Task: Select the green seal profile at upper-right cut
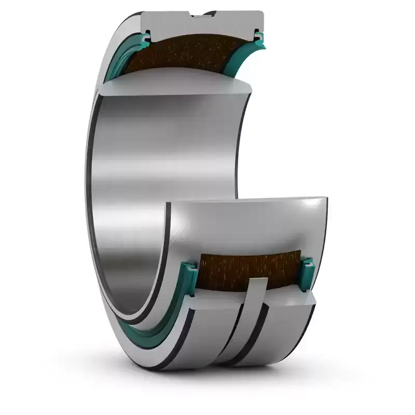[x=258, y=36]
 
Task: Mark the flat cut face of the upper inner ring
[x=176, y=86]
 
